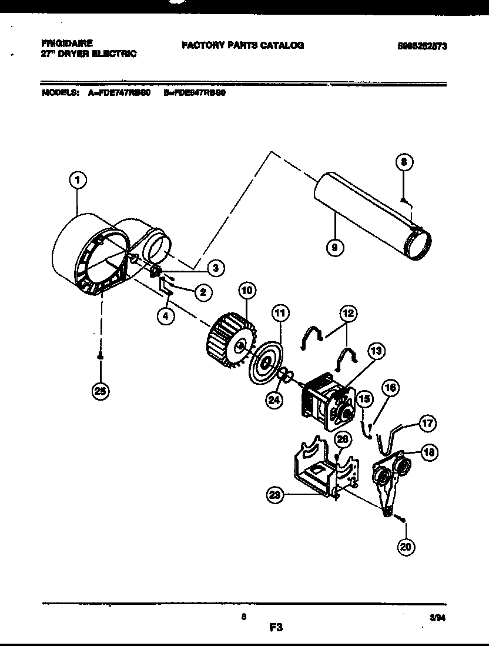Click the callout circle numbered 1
click(76, 180)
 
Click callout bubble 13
click(376, 351)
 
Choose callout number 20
click(406, 547)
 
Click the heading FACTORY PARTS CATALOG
click(243, 45)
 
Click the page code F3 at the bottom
click(276, 628)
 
